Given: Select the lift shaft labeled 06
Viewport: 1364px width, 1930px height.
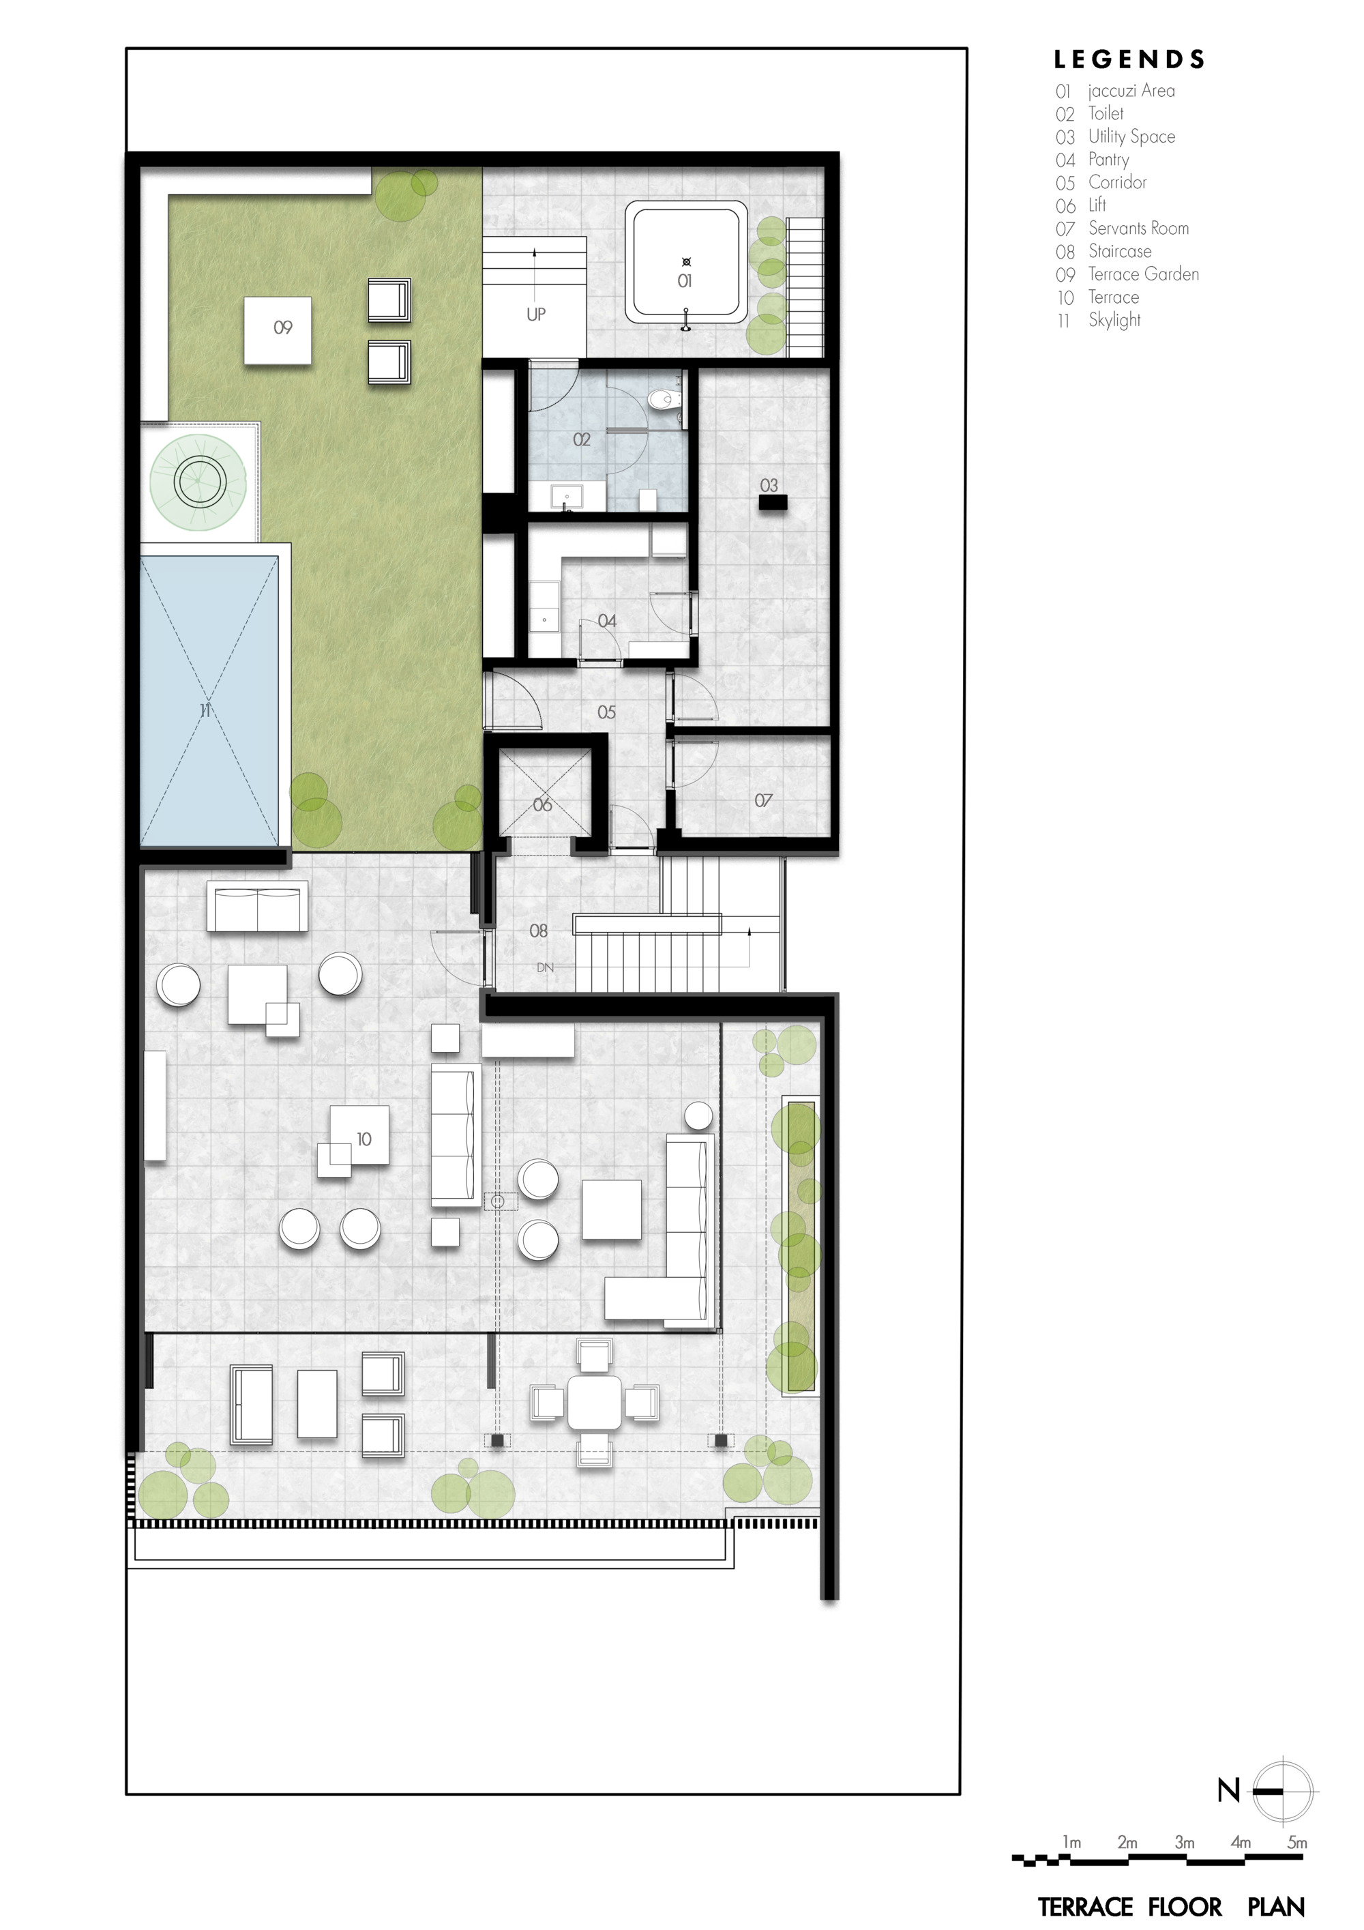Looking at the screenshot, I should tap(542, 793).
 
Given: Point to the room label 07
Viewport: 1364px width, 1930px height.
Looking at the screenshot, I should tap(763, 800).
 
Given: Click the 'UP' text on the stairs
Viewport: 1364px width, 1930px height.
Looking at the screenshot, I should tap(535, 315).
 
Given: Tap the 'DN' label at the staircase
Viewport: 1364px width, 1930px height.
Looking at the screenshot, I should tap(546, 967).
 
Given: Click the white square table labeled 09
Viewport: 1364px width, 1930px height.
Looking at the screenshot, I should tap(278, 330).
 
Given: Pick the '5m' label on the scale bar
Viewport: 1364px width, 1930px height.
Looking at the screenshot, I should tap(1296, 1843).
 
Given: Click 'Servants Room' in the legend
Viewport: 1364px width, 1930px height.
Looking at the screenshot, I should tap(1138, 228).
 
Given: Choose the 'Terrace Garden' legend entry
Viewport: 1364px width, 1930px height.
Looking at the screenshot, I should tap(1143, 274).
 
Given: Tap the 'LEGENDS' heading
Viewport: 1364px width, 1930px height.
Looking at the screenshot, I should tap(1129, 59).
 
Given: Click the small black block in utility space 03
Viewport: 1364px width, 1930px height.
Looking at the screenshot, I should tap(772, 503).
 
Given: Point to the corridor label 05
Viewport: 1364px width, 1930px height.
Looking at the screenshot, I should tap(606, 712).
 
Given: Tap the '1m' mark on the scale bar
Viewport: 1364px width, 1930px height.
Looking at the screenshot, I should tap(1071, 1843).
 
